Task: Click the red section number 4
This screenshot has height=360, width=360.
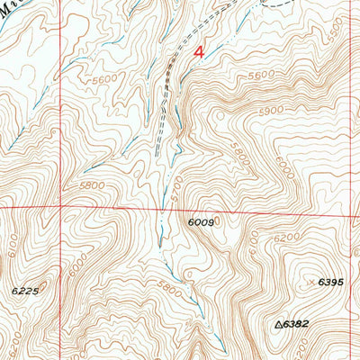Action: (199, 53)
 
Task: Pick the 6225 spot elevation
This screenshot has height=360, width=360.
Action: (24, 290)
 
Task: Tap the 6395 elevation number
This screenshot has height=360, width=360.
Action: (332, 282)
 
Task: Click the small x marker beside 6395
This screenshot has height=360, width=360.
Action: (312, 283)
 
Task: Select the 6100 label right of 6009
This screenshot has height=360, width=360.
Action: (253, 241)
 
